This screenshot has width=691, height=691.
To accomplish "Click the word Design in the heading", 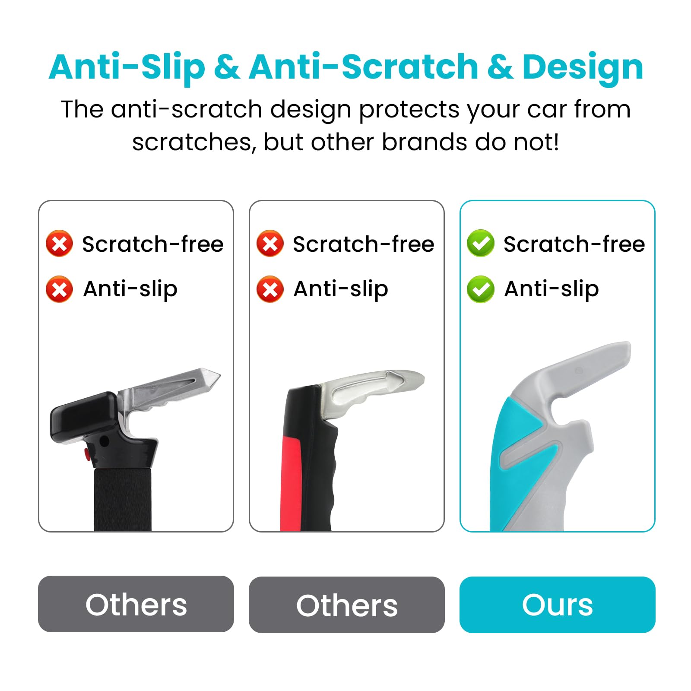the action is [583, 68].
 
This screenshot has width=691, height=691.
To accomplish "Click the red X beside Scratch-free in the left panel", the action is [60, 244].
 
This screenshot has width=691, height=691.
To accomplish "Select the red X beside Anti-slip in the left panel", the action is [60, 289].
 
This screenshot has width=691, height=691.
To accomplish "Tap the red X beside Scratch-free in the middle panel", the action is [270, 244].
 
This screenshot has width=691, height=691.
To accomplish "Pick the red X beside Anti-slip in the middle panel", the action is [270, 289].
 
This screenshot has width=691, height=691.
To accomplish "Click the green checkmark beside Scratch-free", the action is [481, 244].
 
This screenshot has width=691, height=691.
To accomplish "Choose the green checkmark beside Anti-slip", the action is [481, 289].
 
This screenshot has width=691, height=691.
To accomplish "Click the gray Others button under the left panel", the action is [136, 604].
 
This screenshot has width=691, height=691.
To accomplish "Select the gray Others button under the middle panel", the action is [347, 605].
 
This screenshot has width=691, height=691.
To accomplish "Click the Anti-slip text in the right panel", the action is [552, 289].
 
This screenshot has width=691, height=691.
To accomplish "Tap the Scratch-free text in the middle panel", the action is [363, 244].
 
